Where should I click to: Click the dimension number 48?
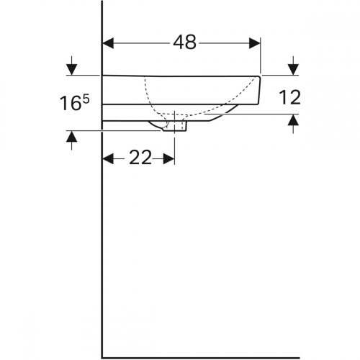(184, 42)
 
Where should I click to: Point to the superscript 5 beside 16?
(86, 98)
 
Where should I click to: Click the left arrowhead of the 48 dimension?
(108, 42)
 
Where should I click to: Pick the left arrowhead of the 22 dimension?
(108, 158)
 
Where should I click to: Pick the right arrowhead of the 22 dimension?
(170, 158)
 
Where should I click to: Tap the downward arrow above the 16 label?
(71, 69)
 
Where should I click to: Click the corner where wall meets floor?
(102, 356)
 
